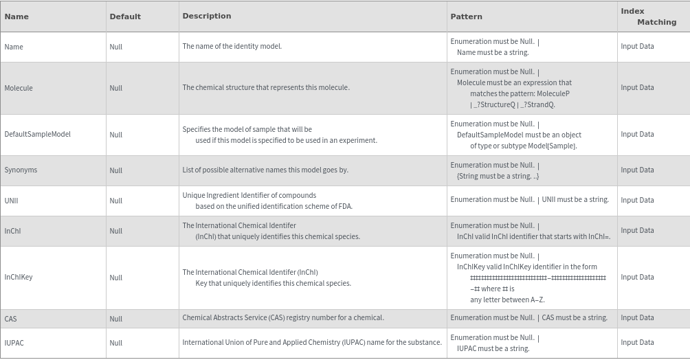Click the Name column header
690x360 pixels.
pos(16,16)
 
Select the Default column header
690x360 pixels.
pos(125,16)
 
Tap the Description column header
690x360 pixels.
pos(206,16)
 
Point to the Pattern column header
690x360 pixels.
pos(466,16)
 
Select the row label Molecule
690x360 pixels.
pos(19,88)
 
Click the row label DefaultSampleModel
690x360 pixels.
pos(37,135)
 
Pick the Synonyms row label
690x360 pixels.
pos(21,170)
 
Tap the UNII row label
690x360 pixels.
pos(11,201)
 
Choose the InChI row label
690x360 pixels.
pos(12,231)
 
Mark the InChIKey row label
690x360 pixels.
pos(19,278)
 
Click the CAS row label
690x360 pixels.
pos(10,319)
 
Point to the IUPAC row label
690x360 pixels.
pos(14,343)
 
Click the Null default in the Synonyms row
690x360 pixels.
pos(115,170)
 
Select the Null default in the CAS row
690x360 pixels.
pos(115,319)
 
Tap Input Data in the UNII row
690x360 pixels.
pos(637,201)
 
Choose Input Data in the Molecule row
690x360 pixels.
pos(637,88)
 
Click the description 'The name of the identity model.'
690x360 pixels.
pos(232,47)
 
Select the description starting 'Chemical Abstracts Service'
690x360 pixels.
pos(282,318)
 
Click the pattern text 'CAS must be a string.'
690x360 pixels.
pos(575,318)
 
